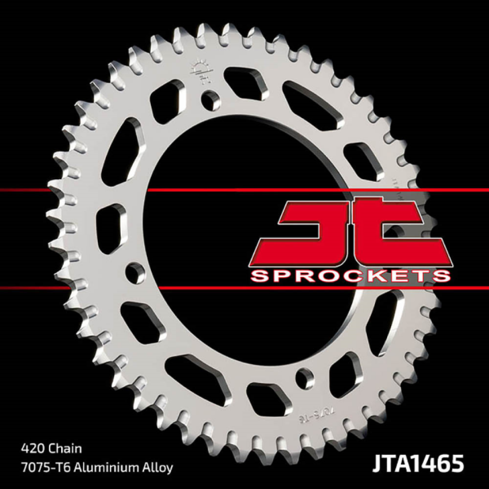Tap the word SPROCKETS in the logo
click(351, 276)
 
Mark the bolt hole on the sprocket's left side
click(133, 271)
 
